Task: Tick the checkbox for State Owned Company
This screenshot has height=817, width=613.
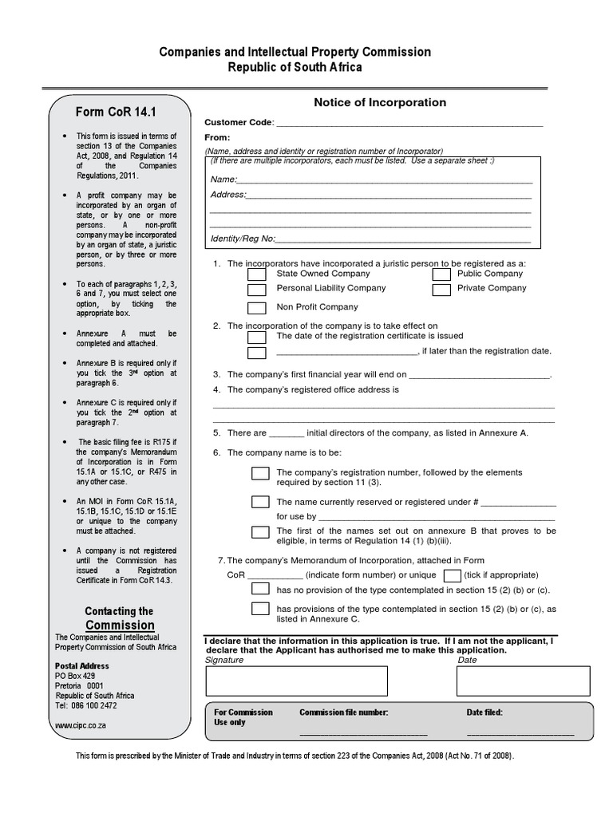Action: click(x=256, y=274)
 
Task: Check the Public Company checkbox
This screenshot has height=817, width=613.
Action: click(x=441, y=274)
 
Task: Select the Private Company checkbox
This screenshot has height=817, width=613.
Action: click(x=441, y=289)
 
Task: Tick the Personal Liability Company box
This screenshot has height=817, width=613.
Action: click(x=256, y=289)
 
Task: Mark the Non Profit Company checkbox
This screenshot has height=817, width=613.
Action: click(x=256, y=308)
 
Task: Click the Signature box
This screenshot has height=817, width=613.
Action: click(x=296, y=681)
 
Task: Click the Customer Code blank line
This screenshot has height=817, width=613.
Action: click(x=408, y=124)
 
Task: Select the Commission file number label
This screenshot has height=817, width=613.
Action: click(x=343, y=712)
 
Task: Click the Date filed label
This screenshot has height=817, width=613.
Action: click(x=484, y=712)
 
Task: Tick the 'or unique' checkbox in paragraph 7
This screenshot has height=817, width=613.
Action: click(x=452, y=575)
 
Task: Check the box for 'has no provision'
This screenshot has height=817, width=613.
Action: click(x=260, y=590)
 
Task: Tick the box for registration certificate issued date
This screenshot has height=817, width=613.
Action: click(x=256, y=336)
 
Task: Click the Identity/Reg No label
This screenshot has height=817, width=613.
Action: click(x=243, y=239)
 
